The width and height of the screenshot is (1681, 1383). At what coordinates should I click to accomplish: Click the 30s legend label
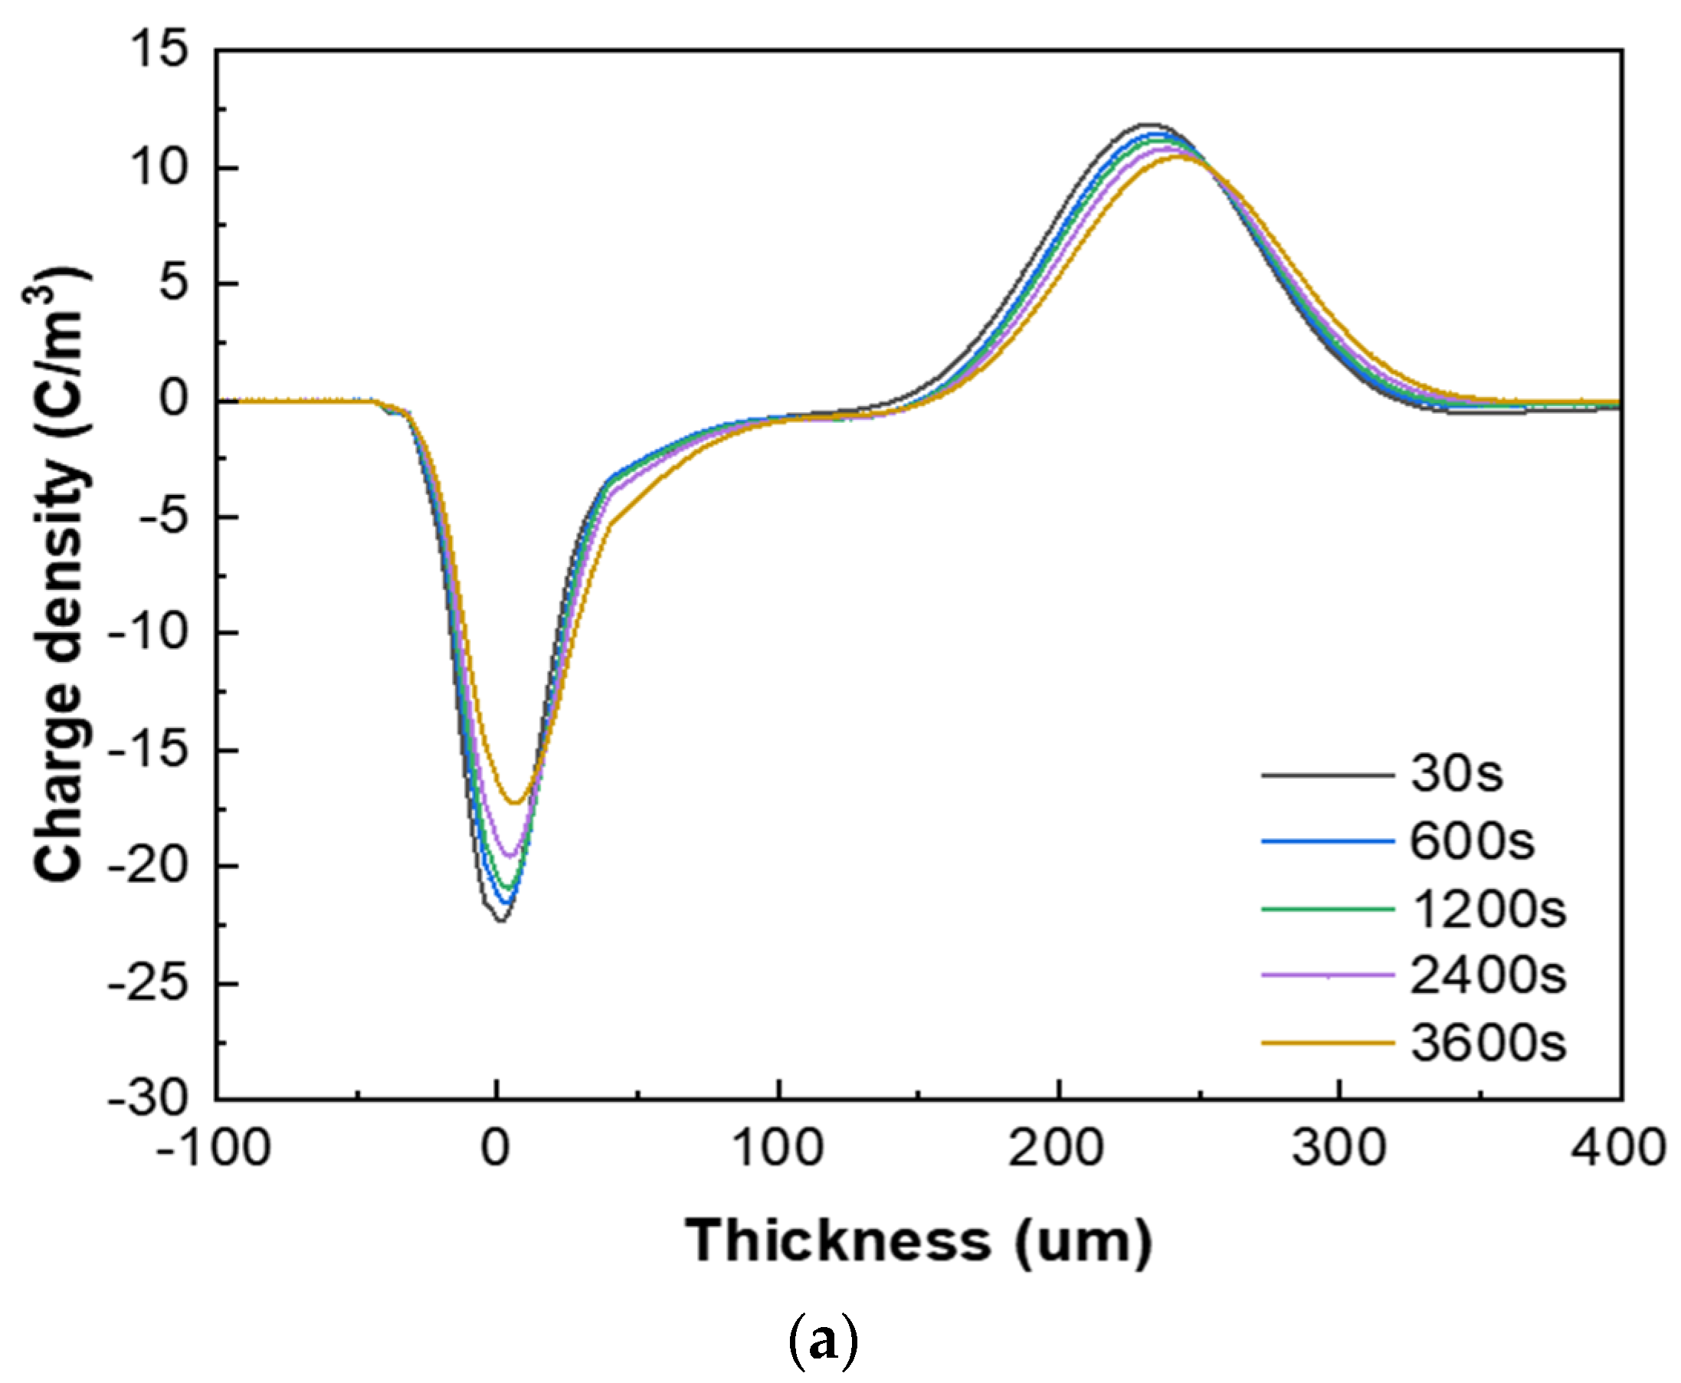pos(1456,774)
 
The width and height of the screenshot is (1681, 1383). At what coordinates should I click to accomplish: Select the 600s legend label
pos(1472,841)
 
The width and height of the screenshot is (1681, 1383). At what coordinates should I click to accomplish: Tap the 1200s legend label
pos(1488,909)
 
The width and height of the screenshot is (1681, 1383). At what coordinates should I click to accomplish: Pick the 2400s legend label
pos(1488,976)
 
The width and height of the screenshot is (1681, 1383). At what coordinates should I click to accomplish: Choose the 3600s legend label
pos(1488,1043)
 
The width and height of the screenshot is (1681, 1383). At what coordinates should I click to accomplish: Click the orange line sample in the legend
pos(1328,1042)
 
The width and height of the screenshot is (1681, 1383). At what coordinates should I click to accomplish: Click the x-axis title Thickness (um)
pos(918,1240)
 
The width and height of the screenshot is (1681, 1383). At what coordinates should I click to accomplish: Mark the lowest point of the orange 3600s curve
pos(515,802)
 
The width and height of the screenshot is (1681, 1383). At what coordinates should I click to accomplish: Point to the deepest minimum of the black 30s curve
pos(500,921)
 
